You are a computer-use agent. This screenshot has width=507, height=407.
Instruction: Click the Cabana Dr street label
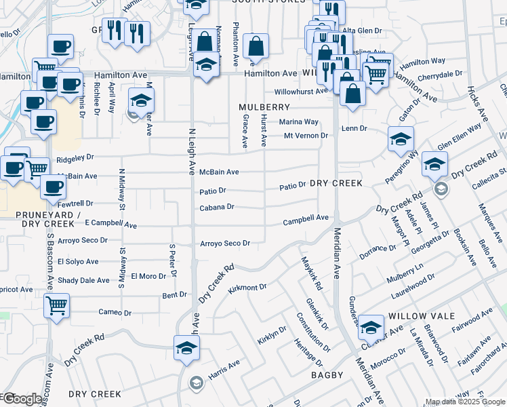216,207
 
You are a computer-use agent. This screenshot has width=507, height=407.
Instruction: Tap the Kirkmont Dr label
247,288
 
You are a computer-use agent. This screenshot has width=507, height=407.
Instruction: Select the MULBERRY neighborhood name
264,107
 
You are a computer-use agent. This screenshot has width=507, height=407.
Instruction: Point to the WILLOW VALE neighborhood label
415,317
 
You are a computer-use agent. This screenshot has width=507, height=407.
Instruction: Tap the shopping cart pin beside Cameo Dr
57,305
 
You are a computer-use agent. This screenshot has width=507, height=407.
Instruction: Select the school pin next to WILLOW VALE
371,328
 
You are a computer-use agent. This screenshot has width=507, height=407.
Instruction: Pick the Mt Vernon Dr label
306,136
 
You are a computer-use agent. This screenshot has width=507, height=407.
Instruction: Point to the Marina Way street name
299,122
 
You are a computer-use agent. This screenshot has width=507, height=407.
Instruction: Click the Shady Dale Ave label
83,280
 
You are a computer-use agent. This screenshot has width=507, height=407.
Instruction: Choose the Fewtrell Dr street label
75,203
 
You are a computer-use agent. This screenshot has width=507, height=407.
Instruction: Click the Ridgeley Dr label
75,157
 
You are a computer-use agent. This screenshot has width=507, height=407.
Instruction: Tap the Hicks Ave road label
478,102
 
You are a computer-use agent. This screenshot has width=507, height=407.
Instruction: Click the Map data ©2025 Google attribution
464,402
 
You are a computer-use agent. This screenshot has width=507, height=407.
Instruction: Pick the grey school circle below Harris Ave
196,382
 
